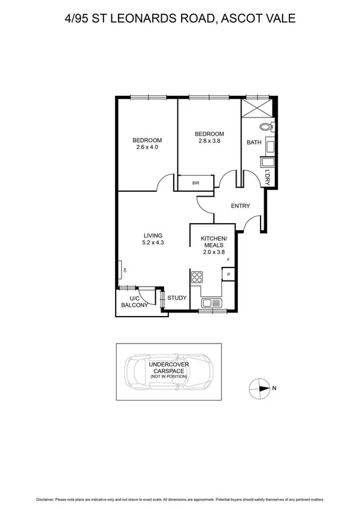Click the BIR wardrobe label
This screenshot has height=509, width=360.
(195, 183)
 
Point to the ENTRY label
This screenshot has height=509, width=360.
(240, 206)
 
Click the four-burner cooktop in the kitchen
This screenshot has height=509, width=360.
(197, 277)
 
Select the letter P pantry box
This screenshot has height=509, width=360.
(228, 275)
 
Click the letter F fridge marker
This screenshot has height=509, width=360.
(228, 259)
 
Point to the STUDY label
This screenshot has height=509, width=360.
(177, 298)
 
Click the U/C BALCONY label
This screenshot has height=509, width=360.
(134, 302)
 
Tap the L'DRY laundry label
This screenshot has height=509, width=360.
(267, 177)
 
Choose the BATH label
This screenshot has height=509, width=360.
(254, 143)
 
